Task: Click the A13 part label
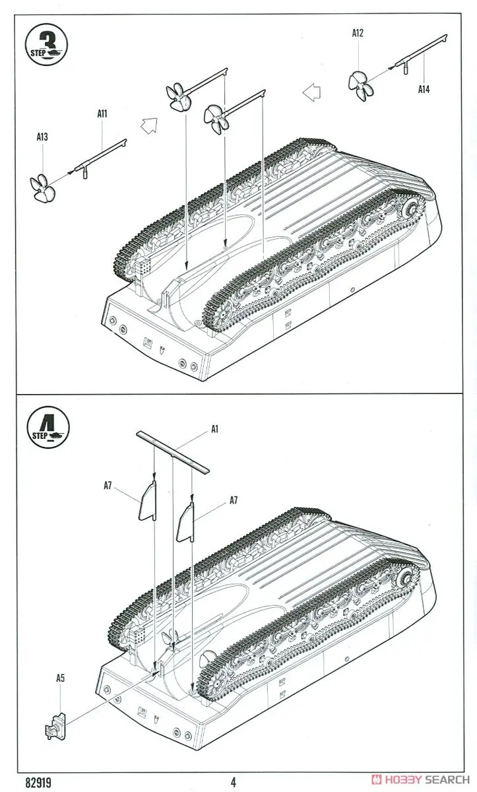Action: point(42,137)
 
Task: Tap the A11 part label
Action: point(102,114)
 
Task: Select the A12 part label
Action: point(358,32)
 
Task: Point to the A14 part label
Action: point(424,90)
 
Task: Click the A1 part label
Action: point(214,429)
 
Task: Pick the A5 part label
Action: point(61,678)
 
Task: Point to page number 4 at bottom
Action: point(233,783)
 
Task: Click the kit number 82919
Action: point(40,782)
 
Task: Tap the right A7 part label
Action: point(234,500)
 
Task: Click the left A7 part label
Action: point(108,486)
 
